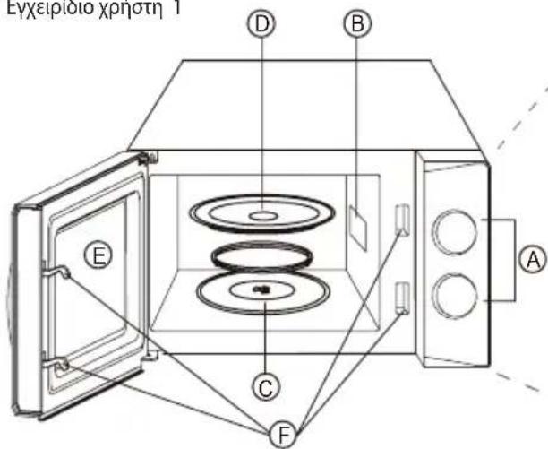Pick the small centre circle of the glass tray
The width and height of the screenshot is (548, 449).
tap(261, 215)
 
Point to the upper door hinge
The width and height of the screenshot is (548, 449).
tap(149, 158)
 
